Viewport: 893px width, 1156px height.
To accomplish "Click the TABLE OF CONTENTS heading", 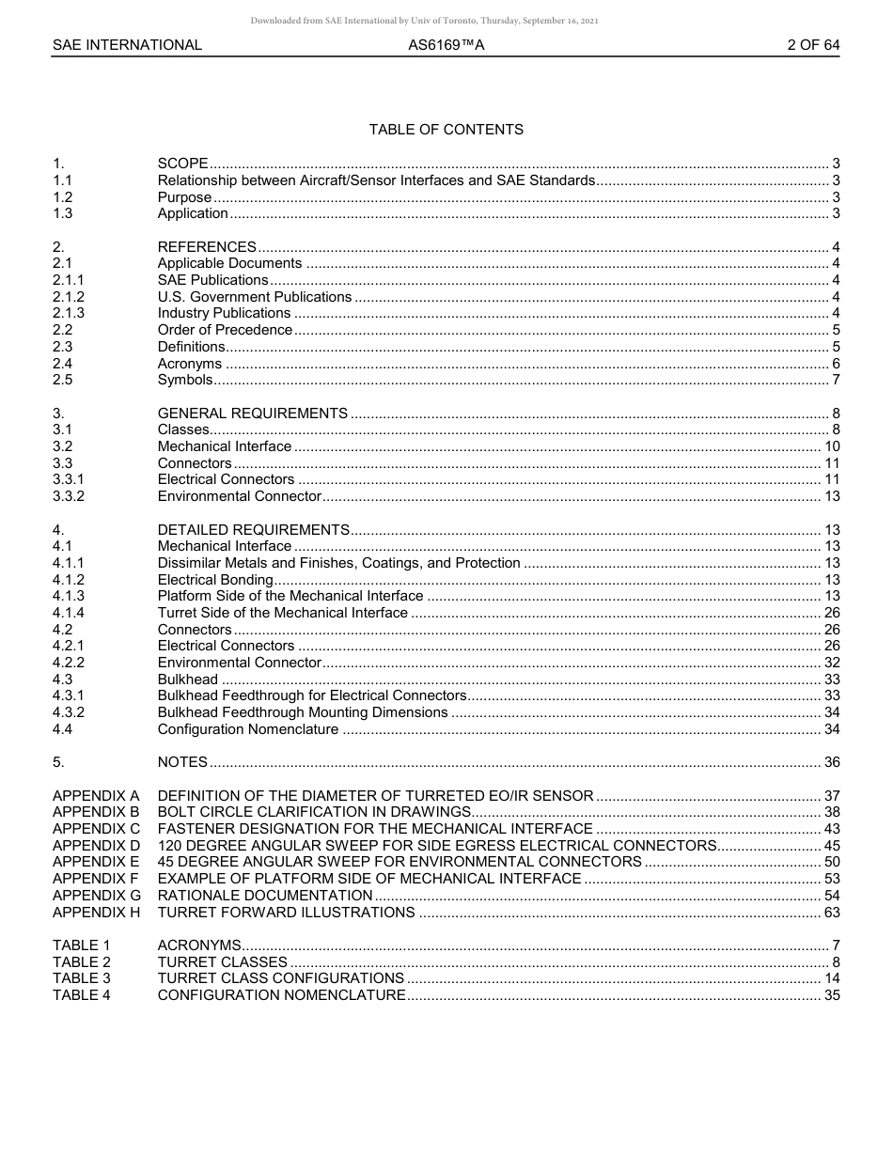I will tap(446, 130).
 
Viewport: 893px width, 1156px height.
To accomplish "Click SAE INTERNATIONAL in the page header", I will tap(127, 45).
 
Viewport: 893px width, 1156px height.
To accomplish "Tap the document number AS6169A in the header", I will tap(446, 45).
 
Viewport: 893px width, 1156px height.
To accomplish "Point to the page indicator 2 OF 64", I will tap(813, 45).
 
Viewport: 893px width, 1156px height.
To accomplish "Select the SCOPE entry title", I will tap(182, 164).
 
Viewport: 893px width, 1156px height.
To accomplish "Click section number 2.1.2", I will tap(68, 297).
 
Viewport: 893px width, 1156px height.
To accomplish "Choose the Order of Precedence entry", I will tap(225, 330).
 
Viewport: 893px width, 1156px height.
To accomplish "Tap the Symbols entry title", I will tap(184, 380).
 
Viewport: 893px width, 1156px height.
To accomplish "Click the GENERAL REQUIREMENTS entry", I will tap(252, 414).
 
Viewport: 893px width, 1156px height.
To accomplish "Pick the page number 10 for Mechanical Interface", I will tap(832, 446).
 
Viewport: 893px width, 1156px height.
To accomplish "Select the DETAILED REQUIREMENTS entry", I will tap(253, 530).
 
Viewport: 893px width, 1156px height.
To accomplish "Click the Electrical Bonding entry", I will tap(215, 580).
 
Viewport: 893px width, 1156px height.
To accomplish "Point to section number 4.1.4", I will tap(68, 613).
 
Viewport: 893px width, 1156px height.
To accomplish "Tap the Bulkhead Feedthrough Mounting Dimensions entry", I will tap(302, 712).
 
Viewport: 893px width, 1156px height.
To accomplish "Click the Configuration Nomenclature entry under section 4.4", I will tap(247, 729).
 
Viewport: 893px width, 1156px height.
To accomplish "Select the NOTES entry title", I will tap(182, 762).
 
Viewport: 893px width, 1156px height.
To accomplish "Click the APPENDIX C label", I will tap(96, 829).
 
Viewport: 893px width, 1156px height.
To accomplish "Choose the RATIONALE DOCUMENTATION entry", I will tap(264, 896).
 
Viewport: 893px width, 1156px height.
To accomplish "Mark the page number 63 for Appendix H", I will tap(832, 913).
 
